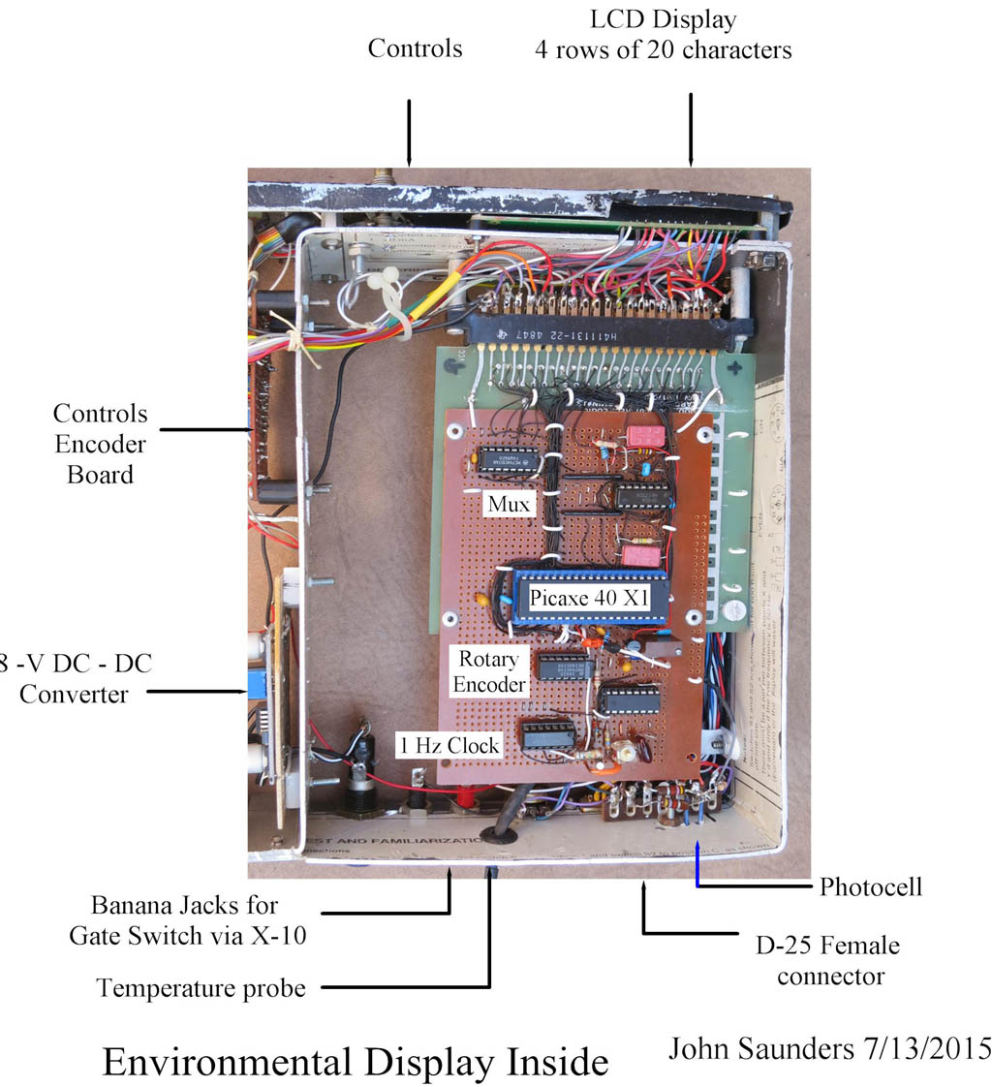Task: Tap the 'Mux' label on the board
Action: tap(510, 505)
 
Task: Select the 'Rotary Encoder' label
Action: tap(489, 671)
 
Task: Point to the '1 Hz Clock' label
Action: tap(448, 745)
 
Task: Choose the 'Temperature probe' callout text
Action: tap(201, 988)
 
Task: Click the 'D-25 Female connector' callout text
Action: tap(824, 959)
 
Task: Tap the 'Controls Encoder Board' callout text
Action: tap(101, 444)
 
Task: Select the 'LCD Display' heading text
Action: tap(663, 19)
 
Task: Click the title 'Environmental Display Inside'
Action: tap(355, 1062)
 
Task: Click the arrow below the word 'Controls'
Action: tap(410, 131)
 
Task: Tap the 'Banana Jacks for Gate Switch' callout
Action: tap(183, 920)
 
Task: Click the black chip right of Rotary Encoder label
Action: tap(566, 668)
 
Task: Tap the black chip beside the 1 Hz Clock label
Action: tap(546, 735)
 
